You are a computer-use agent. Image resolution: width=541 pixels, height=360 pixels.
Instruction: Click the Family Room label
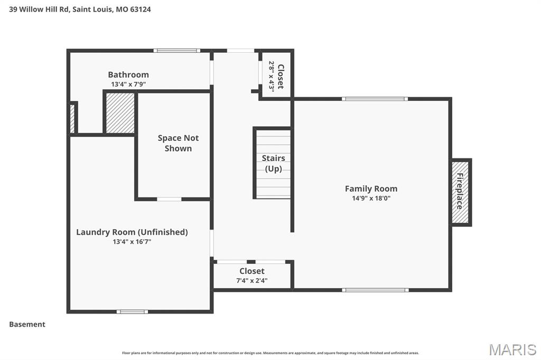tap(371, 188)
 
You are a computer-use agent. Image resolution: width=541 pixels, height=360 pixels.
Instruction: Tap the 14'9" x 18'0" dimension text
tap(371, 198)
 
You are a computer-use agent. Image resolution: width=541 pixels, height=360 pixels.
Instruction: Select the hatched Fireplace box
tap(460, 192)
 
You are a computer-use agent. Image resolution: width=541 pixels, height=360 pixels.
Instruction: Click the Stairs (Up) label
tap(273, 163)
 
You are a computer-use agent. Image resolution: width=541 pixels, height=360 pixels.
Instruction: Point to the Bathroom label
tap(128, 74)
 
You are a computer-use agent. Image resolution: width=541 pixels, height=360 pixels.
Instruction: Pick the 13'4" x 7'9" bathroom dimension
tap(128, 84)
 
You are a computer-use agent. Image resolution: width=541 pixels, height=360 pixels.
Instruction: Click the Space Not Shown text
tap(178, 143)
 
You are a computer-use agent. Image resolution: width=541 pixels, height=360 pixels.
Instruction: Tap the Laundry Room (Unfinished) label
tap(132, 232)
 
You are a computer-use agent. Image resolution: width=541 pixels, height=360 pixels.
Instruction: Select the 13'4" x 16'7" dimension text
tap(132, 242)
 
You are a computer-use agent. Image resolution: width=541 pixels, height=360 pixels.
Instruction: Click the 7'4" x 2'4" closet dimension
tap(252, 281)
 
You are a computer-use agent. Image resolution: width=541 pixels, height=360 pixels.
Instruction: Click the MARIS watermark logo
tap(512, 349)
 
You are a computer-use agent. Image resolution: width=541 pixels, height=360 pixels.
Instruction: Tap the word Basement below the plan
tap(27, 324)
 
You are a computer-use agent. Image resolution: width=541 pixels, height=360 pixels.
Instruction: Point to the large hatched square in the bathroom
tap(120, 113)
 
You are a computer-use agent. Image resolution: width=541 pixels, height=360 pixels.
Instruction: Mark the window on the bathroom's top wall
tap(176, 51)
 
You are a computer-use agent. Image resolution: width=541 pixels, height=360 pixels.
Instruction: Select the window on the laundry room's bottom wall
tap(132, 311)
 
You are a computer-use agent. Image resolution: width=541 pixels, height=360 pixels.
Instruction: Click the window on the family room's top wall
tap(374, 99)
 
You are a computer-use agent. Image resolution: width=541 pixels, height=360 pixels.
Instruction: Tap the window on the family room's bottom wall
tap(375, 290)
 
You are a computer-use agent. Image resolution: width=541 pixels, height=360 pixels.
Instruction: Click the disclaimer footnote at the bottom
tap(270, 353)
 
